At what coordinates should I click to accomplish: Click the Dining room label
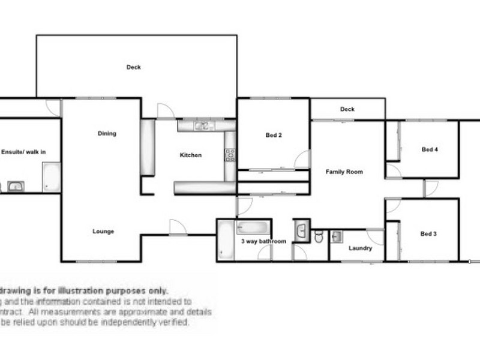[x=107, y=134]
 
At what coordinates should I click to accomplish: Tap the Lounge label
[x=103, y=232]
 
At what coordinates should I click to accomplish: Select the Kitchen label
[x=191, y=155]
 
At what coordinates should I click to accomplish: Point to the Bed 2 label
[x=274, y=136]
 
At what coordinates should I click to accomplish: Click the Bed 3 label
[x=428, y=234]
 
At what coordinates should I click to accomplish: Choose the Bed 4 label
[x=430, y=149]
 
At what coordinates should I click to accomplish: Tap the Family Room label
[x=344, y=172]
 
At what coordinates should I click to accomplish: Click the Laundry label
[x=360, y=248]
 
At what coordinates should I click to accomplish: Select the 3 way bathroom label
[x=263, y=242]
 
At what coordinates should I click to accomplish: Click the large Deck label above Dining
[x=134, y=67]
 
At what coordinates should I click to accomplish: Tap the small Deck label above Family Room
[x=347, y=109]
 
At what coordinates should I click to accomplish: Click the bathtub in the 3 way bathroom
[x=226, y=241]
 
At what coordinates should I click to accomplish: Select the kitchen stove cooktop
[x=230, y=155]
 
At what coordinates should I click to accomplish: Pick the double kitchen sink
[x=203, y=126]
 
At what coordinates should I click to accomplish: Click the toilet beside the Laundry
[x=319, y=237]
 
